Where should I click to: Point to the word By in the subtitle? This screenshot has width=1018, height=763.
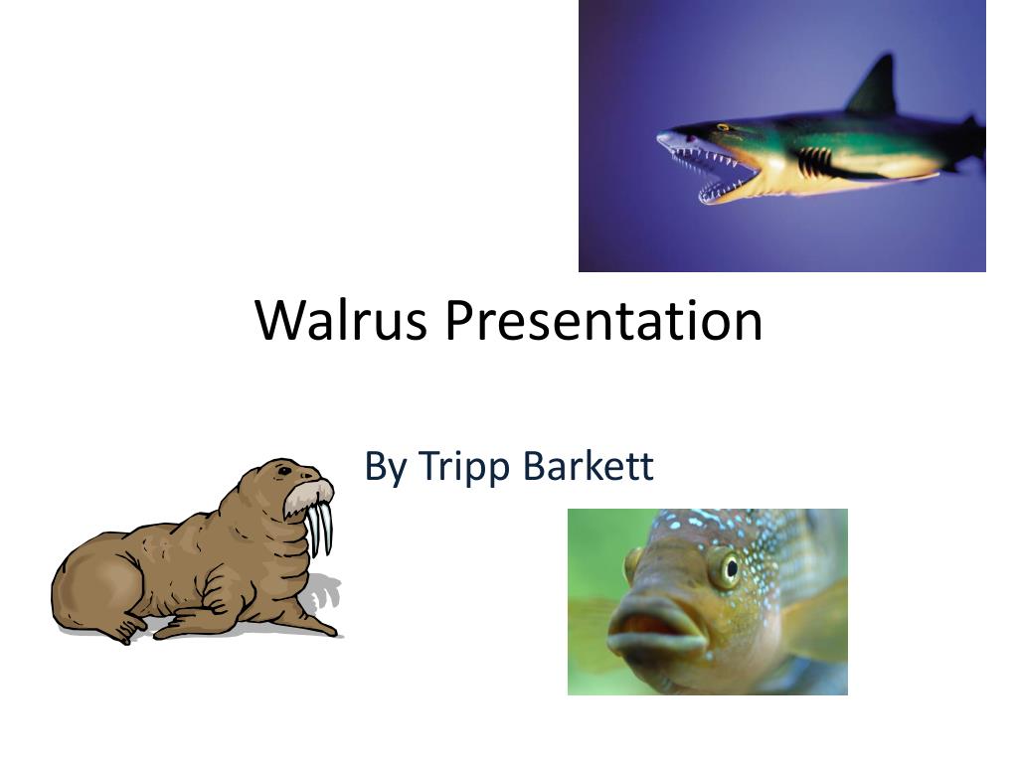click(x=385, y=467)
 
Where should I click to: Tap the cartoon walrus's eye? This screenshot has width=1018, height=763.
click(x=284, y=471)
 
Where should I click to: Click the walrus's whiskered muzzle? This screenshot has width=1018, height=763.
click(x=308, y=495)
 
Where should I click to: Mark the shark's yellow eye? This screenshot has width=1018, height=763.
click(x=723, y=127)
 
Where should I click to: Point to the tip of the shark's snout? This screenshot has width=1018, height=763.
click(x=662, y=138)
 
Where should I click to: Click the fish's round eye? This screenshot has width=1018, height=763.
click(x=728, y=568)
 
